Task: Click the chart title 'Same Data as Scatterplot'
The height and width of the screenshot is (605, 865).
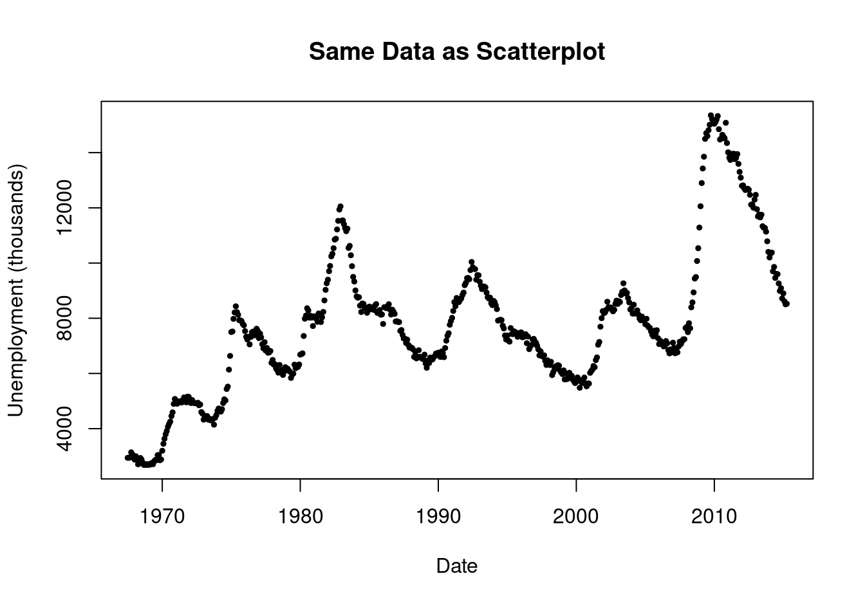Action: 456,51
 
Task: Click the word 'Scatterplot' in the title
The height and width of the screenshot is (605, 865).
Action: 540,51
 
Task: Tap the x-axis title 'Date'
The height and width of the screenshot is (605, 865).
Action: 456,566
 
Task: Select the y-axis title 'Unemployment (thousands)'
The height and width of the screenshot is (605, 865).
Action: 17,291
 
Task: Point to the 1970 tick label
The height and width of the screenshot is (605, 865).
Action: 162,516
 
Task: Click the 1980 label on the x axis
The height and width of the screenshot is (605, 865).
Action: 300,516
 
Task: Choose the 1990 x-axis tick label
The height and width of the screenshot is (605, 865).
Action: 438,516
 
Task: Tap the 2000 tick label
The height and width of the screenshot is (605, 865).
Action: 576,516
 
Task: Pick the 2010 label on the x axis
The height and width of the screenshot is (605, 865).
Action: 714,516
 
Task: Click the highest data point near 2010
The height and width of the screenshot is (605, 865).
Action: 711,115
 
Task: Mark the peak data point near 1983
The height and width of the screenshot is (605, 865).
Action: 340,206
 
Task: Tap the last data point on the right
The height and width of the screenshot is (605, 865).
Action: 786,304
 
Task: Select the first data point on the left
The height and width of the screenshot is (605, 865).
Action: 127,457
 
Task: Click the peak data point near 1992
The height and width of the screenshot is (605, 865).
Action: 472,262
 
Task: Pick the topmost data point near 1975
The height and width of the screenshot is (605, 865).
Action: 236,306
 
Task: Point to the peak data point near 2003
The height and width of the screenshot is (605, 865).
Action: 623,284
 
